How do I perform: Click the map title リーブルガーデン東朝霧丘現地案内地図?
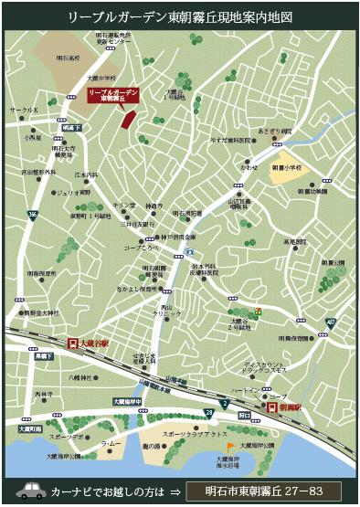(179, 16)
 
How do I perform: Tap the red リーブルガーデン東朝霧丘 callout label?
(112, 94)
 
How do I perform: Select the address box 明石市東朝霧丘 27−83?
(263, 491)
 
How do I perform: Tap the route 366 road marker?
(31, 215)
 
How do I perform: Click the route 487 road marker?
(329, 322)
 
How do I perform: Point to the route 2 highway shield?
(223, 402)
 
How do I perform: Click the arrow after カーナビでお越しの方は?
(175, 491)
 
